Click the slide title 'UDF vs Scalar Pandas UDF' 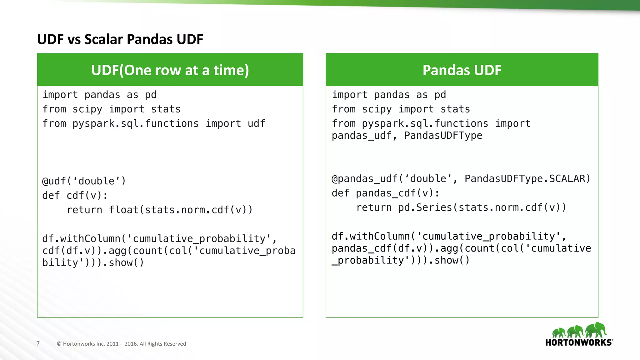tap(120, 39)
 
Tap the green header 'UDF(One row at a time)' tap(170, 70)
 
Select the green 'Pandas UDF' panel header tap(462, 70)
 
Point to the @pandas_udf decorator tap(364, 179)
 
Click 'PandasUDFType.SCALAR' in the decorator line tap(527, 179)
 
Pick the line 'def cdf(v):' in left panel tap(75, 196)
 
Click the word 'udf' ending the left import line tap(256, 124)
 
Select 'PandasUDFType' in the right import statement tap(443, 136)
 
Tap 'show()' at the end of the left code tap(126, 263)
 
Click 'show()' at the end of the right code tap(452, 260)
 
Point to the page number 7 tap(38, 343)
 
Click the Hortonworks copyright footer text tap(121, 344)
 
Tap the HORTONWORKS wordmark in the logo tap(578, 342)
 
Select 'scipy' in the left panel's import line tap(87, 109)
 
